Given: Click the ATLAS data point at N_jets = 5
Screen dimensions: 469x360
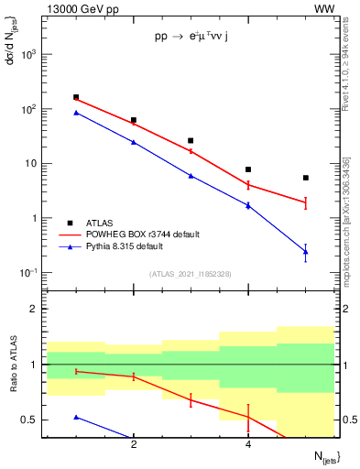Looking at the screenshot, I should (305, 178).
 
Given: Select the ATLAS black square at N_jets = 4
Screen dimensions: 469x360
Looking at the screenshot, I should (248, 169).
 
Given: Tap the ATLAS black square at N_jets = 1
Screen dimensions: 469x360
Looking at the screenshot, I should (76, 97).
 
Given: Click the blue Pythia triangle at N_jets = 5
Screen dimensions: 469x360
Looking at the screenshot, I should (305, 251).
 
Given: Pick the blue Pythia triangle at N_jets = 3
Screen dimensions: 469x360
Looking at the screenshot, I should (191, 175).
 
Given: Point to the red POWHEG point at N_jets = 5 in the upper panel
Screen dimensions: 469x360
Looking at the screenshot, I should (305, 202).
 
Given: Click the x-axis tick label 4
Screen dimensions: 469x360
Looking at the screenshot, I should (248, 445).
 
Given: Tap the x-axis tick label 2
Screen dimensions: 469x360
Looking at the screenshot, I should (134, 445).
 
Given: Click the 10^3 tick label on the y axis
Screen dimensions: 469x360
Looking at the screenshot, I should (27, 54).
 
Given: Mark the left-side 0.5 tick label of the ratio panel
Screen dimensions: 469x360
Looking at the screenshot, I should (31, 420).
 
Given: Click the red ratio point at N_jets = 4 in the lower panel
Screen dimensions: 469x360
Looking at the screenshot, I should (248, 418).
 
